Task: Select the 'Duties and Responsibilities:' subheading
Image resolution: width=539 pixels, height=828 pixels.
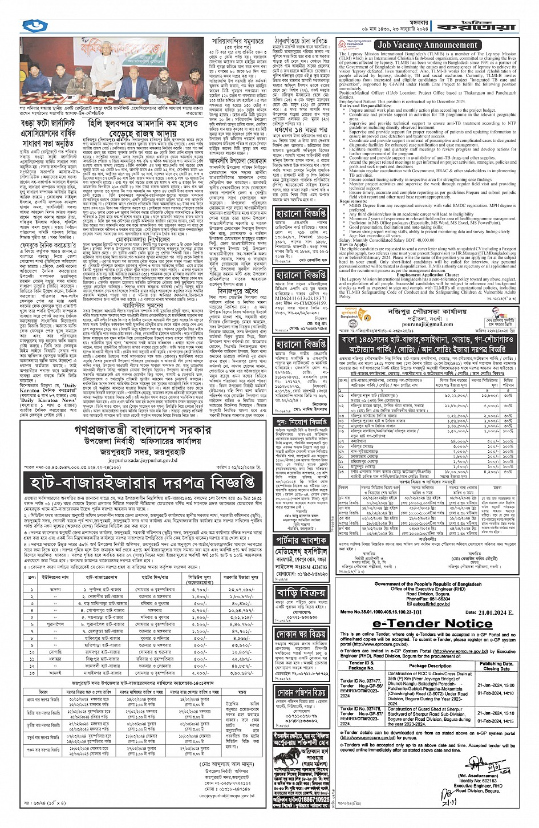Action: [x=366, y=106]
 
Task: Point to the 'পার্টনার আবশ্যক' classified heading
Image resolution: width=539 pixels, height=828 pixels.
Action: [x=301, y=539]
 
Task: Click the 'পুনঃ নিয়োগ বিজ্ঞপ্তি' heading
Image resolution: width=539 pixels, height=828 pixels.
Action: [x=301, y=421]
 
